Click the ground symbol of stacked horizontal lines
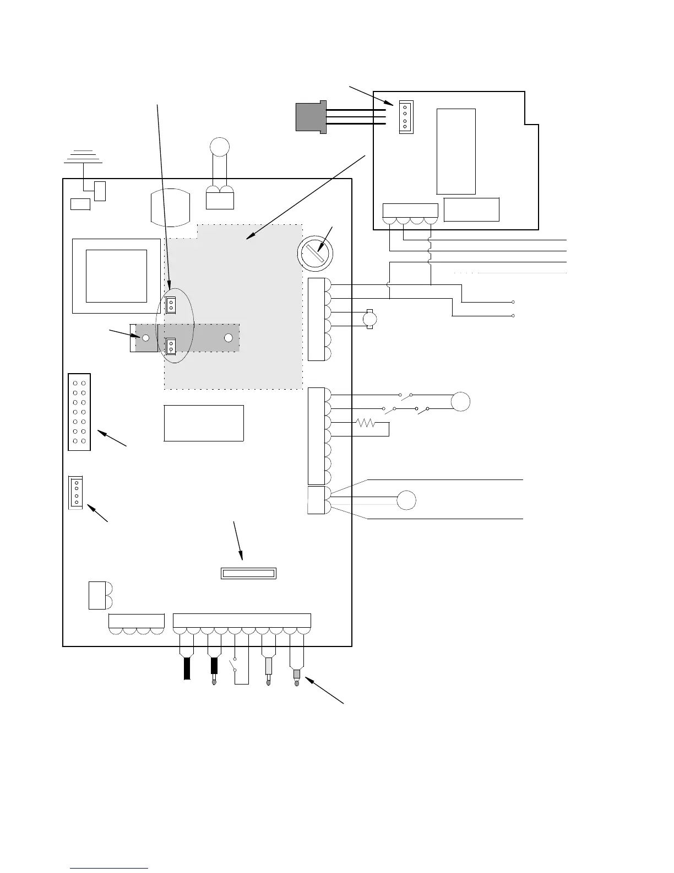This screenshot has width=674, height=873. click(83, 157)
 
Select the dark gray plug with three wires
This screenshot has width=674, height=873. click(311, 116)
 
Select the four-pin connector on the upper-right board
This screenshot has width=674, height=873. click(405, 117)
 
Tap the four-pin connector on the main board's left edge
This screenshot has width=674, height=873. click(75, 492)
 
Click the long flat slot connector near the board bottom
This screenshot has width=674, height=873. click(248, 573)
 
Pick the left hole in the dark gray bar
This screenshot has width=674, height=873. click(146, 338)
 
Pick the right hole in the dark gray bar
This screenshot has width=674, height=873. click(229, 338)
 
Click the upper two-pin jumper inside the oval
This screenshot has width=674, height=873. click(171, 305)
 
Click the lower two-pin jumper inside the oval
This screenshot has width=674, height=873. click(171, 346)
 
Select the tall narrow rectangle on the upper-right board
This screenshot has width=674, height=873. click(456, 151)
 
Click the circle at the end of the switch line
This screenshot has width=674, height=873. click(461, 401)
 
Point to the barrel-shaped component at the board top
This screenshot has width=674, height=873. click(170, 208)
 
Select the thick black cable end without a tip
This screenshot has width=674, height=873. click(187, 669)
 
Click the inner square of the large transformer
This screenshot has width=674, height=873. click(117, 276)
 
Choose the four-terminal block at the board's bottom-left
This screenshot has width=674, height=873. click(137, 624)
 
